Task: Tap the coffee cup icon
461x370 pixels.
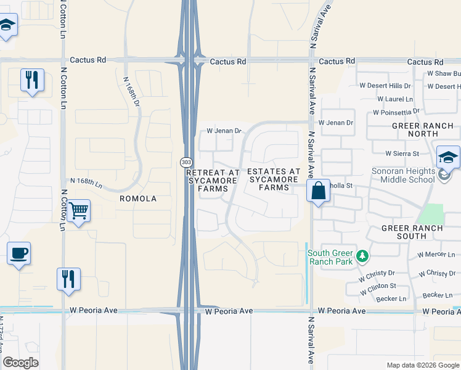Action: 18,253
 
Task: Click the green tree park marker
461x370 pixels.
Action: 363,255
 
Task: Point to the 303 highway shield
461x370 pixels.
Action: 186,162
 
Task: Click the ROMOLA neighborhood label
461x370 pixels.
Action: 139,199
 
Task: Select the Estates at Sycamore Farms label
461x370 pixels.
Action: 274,179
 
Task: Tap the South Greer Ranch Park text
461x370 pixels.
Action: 331,258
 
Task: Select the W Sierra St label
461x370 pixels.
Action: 402,153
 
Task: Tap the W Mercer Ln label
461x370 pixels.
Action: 436,254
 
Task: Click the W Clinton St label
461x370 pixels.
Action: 378,287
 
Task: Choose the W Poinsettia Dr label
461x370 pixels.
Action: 396,112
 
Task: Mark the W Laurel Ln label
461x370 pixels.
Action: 394,99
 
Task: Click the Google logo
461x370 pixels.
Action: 21,362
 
